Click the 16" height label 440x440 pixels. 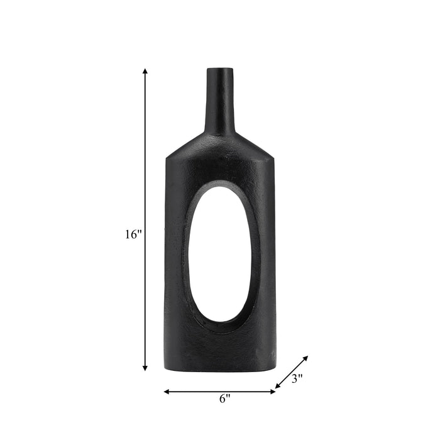133,234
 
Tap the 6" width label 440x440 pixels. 224,398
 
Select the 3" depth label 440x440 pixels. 297,378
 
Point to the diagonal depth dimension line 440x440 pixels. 292,371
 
